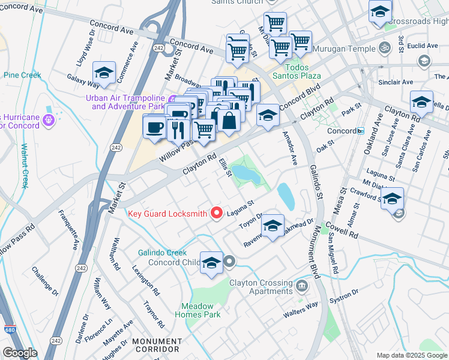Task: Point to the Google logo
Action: [20, 353]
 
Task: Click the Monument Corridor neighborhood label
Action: [156, 345]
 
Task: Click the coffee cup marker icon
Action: [155, 128]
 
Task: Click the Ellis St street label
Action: [224, 167]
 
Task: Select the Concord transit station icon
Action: [360, 130]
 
